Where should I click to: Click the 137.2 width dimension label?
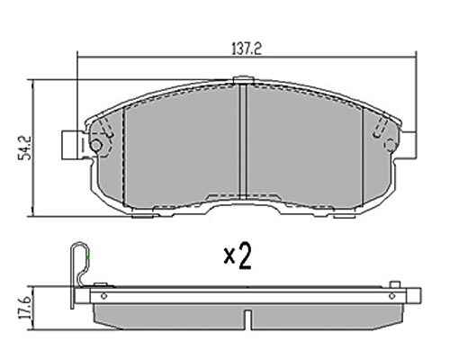pos(247,49)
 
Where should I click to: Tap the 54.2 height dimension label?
pos(24,148)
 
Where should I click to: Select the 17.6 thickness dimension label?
pos(25,308)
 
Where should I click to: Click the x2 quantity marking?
pos(238,256)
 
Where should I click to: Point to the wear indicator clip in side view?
pos(80,274)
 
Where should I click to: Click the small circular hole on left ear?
pos(96,146)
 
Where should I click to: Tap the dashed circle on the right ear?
pos(391,145)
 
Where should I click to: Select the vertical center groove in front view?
pos(243,141)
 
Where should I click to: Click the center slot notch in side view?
pos(248,319)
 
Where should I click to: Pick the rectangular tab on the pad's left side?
pos(73,145)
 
